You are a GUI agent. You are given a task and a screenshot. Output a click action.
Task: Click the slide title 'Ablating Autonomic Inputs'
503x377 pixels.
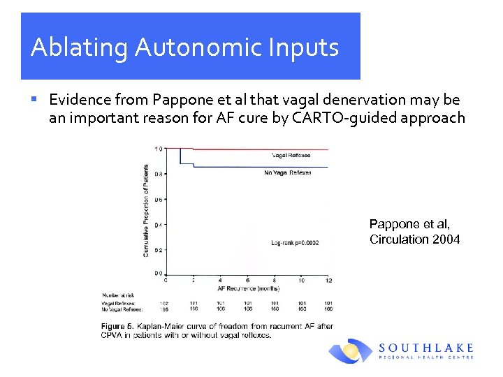click(185, 47)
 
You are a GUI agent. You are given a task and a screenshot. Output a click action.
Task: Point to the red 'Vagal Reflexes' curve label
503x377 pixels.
click(291, 155)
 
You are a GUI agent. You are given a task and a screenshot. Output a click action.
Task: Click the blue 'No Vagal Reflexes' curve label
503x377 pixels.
click(287, 172)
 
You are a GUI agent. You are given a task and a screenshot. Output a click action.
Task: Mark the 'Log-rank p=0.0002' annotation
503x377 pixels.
click(295, 243)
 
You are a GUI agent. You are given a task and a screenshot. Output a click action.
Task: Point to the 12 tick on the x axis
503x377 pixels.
click(328, 280)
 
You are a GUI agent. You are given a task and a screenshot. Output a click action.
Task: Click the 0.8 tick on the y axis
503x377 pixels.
click(158, 174)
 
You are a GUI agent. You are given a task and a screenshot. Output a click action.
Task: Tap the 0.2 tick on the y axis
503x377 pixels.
click(158, 249)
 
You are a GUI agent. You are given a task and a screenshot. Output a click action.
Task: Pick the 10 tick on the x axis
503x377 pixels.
click(301, 280)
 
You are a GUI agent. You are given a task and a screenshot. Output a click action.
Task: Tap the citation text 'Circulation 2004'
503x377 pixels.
click(414, 239)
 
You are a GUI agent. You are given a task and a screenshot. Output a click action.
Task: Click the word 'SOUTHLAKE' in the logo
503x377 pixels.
click(425, 347)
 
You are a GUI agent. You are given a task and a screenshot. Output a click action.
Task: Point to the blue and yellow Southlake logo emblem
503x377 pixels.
click(351, 351)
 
